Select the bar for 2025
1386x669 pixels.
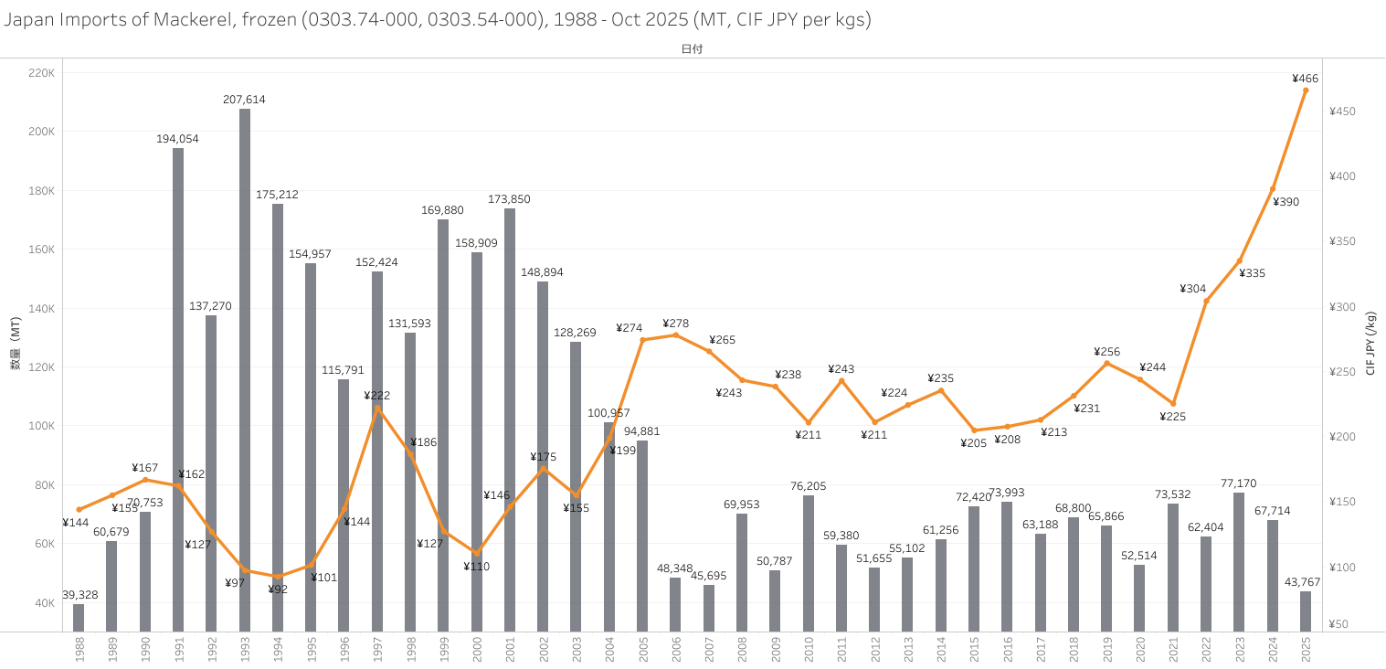(x=1306, y=611)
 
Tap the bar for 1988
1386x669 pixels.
(x=79, y=617)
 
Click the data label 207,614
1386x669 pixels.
(x=244, y=100)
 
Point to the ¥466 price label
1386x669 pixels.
(x=1305, y=79)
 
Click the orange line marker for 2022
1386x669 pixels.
(x=1206, y=301)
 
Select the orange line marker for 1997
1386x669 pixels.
(x=377, y=409)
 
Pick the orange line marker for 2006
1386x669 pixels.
(x=676, y=334)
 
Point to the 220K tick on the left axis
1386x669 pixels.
(x=42, y=73)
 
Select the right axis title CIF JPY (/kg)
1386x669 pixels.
(x=1370, y=344)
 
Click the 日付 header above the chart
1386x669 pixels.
(x=692, y=49)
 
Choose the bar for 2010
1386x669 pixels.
(x=809, y=562)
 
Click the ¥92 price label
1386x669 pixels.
(x=278, y=589)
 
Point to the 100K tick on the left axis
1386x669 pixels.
(x=42, y=426)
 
